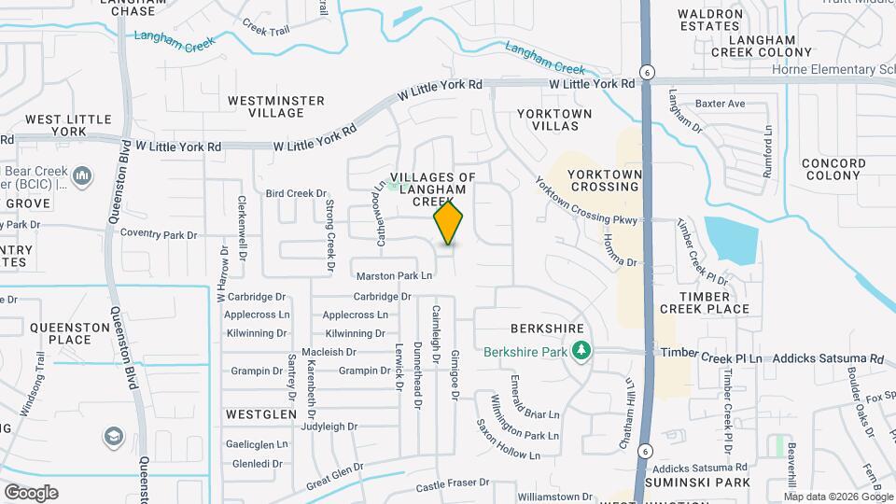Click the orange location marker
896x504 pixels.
(448, 222)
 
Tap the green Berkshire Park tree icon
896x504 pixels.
(582, 351)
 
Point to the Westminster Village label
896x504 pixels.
(276, 106)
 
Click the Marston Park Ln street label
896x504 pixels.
(395, 275)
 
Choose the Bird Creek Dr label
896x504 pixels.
(287, 194)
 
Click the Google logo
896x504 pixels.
(31, 492)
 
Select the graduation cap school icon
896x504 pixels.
(113, 437)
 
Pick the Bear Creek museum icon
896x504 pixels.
(83, 175)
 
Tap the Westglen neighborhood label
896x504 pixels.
(260, 413)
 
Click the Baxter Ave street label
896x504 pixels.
(721, 103)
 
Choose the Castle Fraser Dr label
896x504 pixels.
(453, 483)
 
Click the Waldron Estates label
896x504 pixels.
(710, 20)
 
